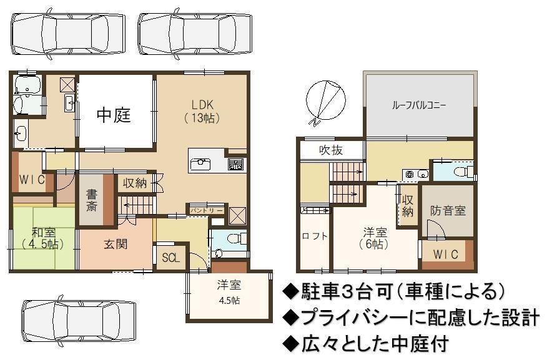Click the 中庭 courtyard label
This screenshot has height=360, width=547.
114,115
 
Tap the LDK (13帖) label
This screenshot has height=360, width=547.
202,112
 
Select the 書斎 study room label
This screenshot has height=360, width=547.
91,200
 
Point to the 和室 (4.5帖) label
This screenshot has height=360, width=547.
43,238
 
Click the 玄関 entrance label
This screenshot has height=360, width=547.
116,245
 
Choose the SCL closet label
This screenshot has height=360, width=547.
171,258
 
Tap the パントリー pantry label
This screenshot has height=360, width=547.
206,211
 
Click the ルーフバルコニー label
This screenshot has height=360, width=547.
419,105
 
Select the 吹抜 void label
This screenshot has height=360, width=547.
331,150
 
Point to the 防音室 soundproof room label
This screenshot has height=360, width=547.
448,210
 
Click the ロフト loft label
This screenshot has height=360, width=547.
315,236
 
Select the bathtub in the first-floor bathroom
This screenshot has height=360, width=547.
28,85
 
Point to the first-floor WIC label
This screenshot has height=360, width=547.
32,180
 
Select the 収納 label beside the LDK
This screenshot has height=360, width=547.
134,183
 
